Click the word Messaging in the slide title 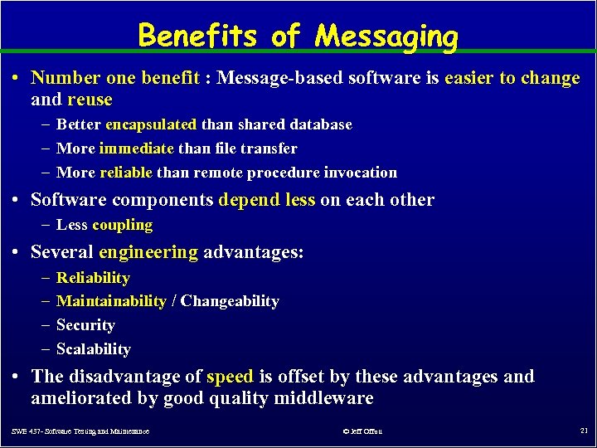386,37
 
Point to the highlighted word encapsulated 151,124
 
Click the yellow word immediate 137,149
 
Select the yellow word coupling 123,225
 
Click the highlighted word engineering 148,251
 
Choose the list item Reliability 93,278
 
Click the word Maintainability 111,301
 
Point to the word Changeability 230,301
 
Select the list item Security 85,325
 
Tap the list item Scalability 94,349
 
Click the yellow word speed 230,377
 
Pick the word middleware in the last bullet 323,398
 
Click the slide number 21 583,431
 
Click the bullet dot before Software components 18,200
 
